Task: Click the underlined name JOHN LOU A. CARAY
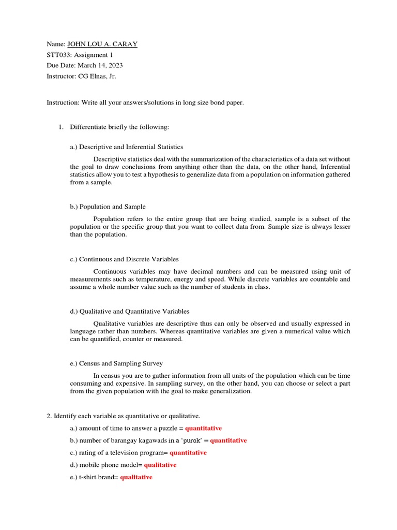click(x=102, y=44)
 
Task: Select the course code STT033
click(x=58, y=55)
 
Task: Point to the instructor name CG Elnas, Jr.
click(x=97, y=76)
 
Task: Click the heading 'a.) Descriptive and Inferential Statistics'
click(x=127, y=146)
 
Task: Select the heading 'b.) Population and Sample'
click(x=108, y=207)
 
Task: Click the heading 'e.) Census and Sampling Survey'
click(x=116, y=363)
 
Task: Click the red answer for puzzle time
click(x=203, y=428)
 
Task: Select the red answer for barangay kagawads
click(x=228, y=440)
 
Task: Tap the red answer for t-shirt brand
click(x=136, y=477)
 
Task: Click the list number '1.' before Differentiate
click(x=60, y=127)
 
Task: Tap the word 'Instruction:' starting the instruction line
click(x=63, y=102)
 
